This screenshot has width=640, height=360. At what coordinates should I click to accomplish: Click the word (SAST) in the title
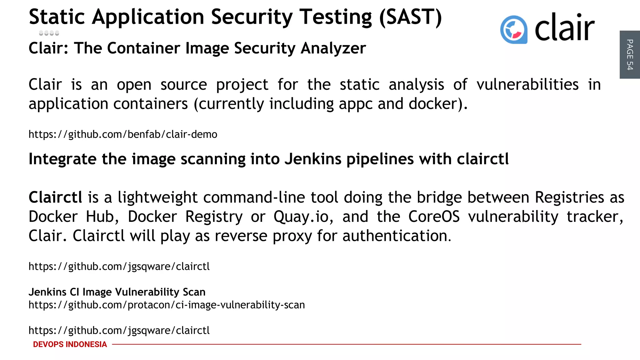point(410,17)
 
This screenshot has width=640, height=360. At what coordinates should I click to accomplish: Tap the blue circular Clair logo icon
point(514,29)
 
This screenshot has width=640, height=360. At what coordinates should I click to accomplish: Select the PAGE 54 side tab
point(630,55)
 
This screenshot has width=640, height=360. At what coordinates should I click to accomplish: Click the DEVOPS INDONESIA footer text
point(70,344)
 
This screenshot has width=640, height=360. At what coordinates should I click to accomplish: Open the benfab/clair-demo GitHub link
point(123,134)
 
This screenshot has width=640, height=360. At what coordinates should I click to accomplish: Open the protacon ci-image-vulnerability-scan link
point(167,305)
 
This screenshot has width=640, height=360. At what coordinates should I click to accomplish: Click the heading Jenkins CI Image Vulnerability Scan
point(117,292)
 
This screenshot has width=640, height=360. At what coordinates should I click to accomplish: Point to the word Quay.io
point(303,217)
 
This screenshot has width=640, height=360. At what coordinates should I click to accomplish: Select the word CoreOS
point(434,217)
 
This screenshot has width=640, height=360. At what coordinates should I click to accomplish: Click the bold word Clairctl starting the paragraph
point(55,197)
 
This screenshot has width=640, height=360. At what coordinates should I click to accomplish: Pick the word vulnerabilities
point(527,85)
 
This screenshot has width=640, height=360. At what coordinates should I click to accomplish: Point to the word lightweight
point(157,197)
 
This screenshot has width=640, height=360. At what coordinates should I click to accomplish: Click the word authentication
point(397,236)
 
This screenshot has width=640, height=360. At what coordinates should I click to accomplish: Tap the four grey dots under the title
point(49,33)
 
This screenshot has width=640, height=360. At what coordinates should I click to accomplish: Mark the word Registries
point(569,197)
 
